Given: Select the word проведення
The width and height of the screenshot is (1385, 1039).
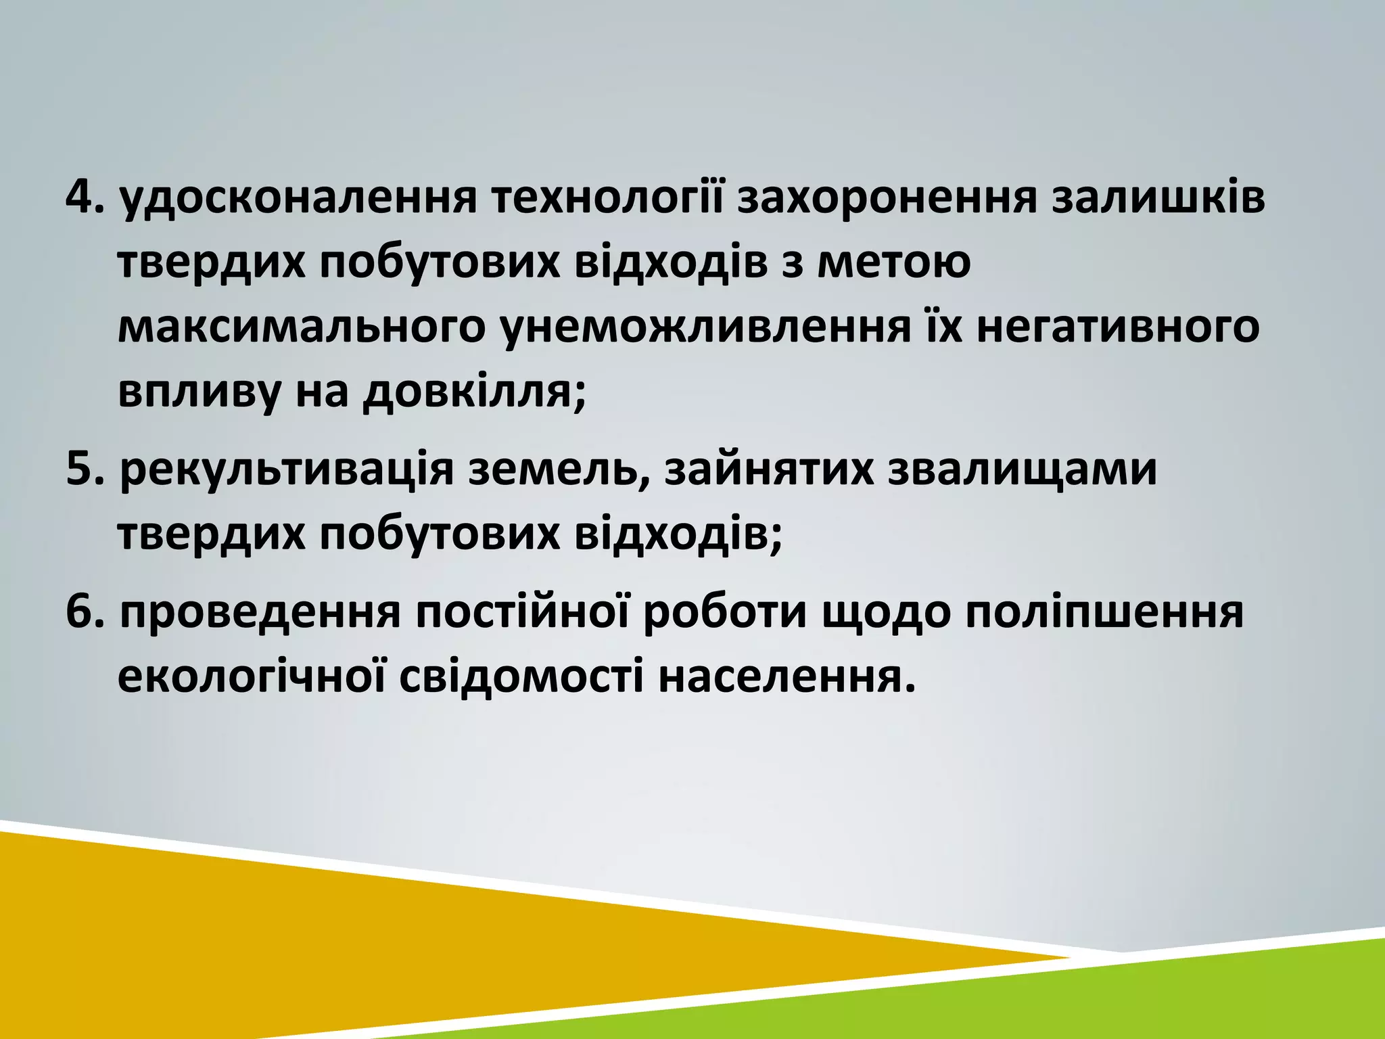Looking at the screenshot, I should [x=260, y=614].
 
